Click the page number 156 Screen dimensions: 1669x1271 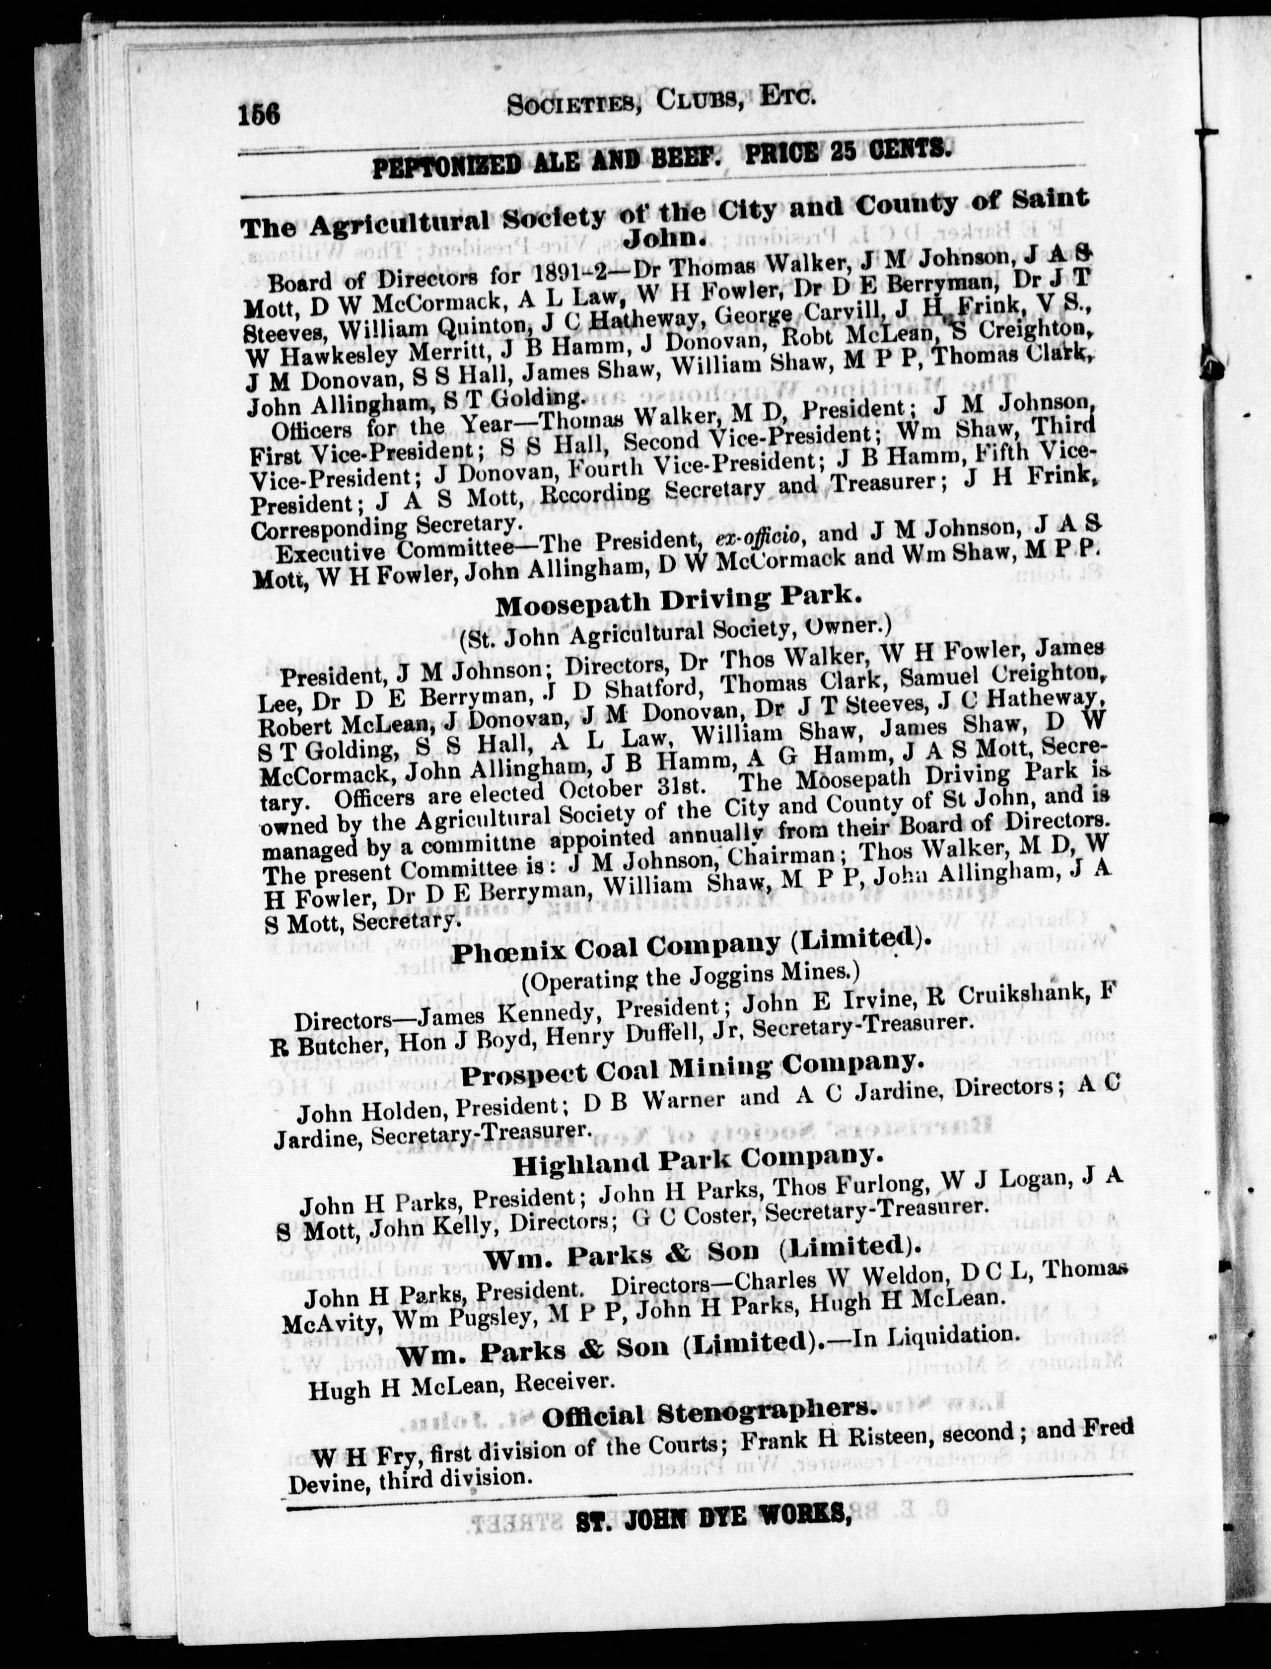(260, 114)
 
